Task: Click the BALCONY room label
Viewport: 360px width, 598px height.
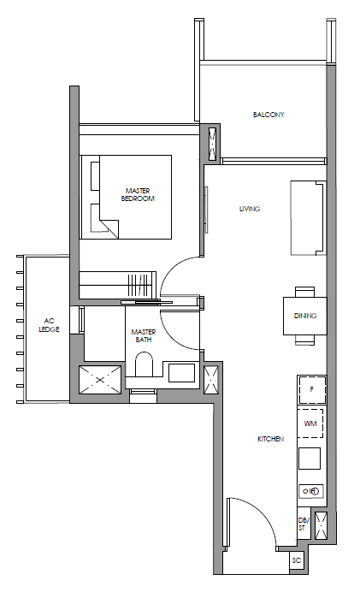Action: [x=269, y=115]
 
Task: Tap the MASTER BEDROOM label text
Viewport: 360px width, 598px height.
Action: [x=138, y=194]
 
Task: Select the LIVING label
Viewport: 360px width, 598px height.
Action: [x=250, y=209]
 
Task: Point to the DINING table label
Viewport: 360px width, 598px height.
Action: [x=305, y=316]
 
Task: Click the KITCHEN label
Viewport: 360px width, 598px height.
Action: [x=271, y=439]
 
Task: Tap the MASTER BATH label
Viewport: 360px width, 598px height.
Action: [x=144, y=335]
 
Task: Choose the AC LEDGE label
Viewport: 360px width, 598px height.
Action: [x=50, y=325]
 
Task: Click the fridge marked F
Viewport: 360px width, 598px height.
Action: [x=312, y=390]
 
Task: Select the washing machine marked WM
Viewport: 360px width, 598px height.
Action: [x=310, y=423]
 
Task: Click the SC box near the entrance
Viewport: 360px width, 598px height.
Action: [x=297, y=560]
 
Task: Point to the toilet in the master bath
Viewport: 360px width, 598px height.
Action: [x=145, y=364]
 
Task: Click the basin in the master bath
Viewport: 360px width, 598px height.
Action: [x=181, y=373]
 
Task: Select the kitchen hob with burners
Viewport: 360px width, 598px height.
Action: [x=310, y=491]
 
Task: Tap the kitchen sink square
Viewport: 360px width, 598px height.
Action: [x=310, y=459]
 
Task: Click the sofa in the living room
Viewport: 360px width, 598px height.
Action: [x=309, y=218]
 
